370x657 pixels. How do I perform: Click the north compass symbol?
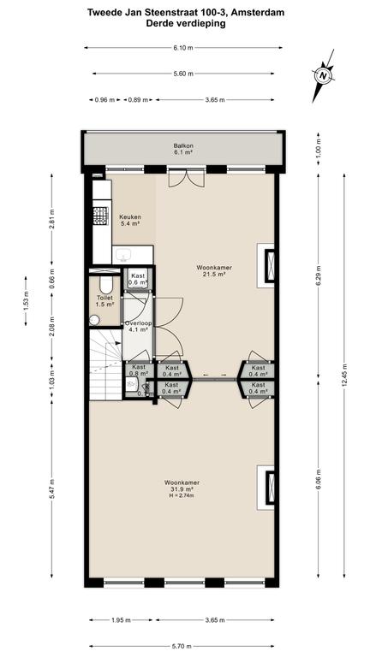323,76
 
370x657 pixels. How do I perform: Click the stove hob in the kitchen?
101,216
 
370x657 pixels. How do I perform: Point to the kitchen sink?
124,255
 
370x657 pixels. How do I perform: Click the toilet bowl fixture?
106,286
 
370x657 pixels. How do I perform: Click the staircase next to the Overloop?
105,364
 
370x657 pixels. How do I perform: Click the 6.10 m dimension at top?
183,48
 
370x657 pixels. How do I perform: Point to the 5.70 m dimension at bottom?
183,646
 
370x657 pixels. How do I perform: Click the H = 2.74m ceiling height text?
182,495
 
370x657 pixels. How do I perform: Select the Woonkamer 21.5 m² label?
214,270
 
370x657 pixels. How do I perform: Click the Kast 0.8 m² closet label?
140,370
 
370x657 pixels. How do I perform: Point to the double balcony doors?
186,178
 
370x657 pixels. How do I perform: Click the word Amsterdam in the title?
258,13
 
